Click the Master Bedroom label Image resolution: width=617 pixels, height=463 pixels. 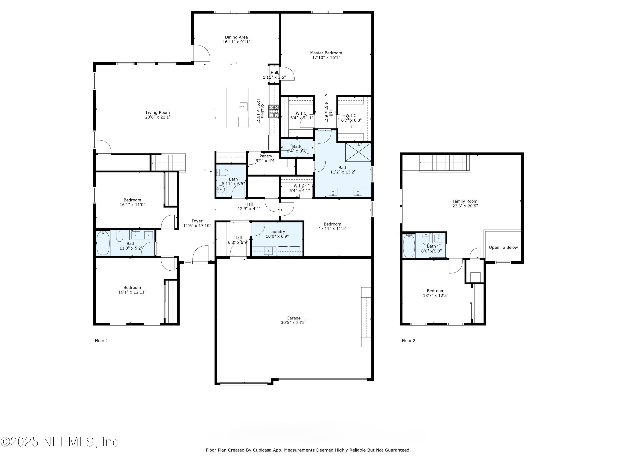point(326,53)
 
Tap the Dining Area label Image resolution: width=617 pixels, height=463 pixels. point(236,37)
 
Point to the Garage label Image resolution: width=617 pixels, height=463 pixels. point(293,318)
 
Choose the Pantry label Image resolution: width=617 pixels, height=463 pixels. point(266,156)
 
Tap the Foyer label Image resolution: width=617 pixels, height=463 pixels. point(197,221)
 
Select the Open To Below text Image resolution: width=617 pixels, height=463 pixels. point(503,248)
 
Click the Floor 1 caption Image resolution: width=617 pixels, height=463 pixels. point(101,341)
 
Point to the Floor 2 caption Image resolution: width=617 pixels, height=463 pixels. point(408,341)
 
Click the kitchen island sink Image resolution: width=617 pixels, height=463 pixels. point(243,107)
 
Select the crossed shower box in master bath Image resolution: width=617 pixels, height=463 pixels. point(358,152)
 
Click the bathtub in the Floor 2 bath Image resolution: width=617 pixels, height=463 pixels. point(409,245)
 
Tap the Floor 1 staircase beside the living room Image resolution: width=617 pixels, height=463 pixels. point(168,163)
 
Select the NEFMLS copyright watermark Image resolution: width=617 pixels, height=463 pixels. point(59,442)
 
